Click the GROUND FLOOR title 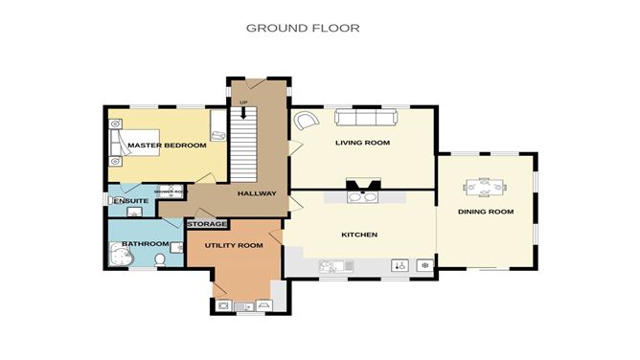point(303,28)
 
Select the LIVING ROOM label point(362,143)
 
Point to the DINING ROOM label point(485,212)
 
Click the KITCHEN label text point(359,235)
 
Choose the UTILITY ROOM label point(233,246)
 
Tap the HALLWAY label point(257,193)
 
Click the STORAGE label point(207,224)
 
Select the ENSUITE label point(130,201)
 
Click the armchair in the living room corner point(306,122)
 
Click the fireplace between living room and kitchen point(363,189)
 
